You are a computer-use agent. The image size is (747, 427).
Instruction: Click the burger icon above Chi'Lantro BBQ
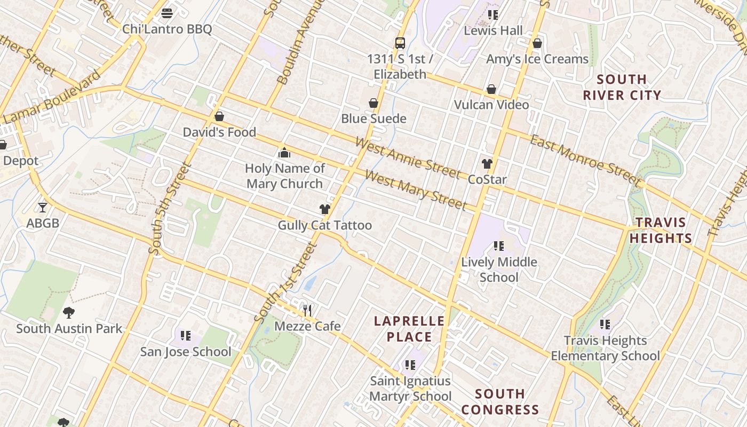coord(167,13)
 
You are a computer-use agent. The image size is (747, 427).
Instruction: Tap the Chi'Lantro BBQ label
coord(167,29)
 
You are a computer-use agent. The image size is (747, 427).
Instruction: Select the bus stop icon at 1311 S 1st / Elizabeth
coord(400,43)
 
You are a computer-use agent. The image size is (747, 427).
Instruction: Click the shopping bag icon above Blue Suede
coord(373,103)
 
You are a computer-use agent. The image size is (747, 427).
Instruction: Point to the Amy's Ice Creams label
coord(537,59)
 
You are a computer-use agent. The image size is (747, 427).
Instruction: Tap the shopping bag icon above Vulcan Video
coord(491,89)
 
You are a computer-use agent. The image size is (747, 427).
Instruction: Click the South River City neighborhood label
coord(622,88)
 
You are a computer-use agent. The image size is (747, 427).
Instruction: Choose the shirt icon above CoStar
coord(487,164)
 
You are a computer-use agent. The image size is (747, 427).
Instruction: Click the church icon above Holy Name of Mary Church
coord(284,153)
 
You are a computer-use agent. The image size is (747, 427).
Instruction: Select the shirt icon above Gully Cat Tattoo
coord(325,209)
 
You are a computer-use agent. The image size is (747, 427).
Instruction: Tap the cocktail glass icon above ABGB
coord(43,207)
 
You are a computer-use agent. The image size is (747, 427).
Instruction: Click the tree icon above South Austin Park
coord(68,313)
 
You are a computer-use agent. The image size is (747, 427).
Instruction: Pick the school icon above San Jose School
coord(186,336)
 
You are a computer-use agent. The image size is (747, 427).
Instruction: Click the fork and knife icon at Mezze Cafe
coord(307,310)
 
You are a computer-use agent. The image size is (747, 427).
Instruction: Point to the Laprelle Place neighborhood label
coord(409,329)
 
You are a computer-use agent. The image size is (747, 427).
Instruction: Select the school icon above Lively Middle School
coord(499,246)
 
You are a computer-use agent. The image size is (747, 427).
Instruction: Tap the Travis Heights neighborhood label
coord(661,230)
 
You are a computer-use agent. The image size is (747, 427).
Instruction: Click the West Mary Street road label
coord(416,191)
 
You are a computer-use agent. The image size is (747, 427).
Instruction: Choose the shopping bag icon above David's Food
coord(219,116)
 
